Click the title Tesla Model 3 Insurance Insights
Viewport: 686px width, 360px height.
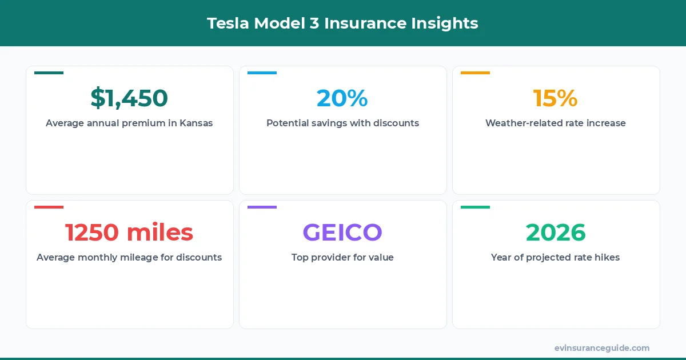click(x=342, y=23)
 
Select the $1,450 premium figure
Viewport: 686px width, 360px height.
click(x=129, y=98)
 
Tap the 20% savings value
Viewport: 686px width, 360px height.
click(x=342, y=98)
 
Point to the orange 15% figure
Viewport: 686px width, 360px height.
click(x=555, y=98)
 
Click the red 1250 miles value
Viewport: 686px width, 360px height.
click(x=129, y=233)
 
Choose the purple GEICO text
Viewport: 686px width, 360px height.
click(x=342, y=233)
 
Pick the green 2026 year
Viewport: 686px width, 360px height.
click(x=556, y=233)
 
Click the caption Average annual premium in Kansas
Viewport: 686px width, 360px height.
click(x=129, y=123)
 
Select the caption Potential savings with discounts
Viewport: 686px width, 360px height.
click(x=342, y=123)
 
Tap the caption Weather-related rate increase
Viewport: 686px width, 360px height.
click(x=556, y=123)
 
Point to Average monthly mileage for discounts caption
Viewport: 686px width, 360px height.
click(x=129, y=257)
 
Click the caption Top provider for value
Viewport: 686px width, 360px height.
click(x=342, y=257)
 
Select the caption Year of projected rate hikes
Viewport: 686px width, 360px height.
click(x=556, y=257)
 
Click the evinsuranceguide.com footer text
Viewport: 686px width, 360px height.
click(x=602, y=348)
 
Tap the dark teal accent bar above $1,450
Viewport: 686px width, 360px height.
click(x=49, y=73)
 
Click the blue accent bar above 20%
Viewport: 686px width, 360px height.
click(x=262, y=73)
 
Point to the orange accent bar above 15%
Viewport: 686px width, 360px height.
click(x=475, y=73)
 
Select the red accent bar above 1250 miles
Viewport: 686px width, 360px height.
click(x=49, y=207)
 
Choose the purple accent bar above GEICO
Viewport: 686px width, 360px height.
click(x=262, y=207)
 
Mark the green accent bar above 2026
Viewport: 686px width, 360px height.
click(x=475, y=207)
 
